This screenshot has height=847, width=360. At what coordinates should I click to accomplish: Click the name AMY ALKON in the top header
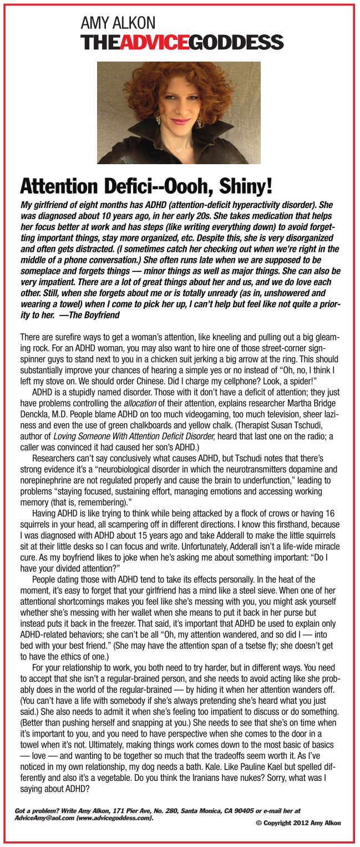[x=118, y=23]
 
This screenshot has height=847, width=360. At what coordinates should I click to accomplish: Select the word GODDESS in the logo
[x=237, y=42]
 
